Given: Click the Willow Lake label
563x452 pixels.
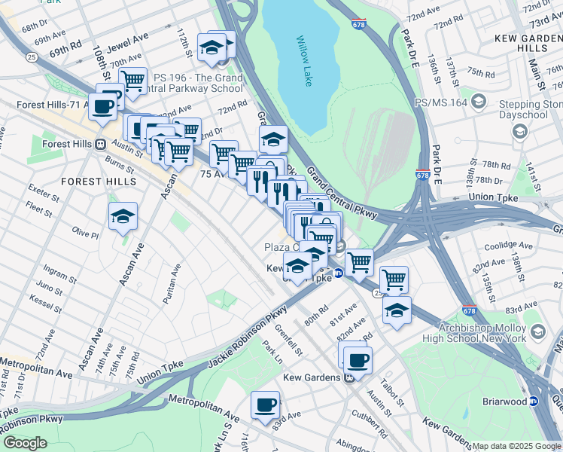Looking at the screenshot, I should [x=303, y=61].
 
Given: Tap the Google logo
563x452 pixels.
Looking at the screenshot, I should [x=25, y=442].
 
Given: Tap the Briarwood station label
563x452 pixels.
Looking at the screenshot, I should [x=497, y=402].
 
